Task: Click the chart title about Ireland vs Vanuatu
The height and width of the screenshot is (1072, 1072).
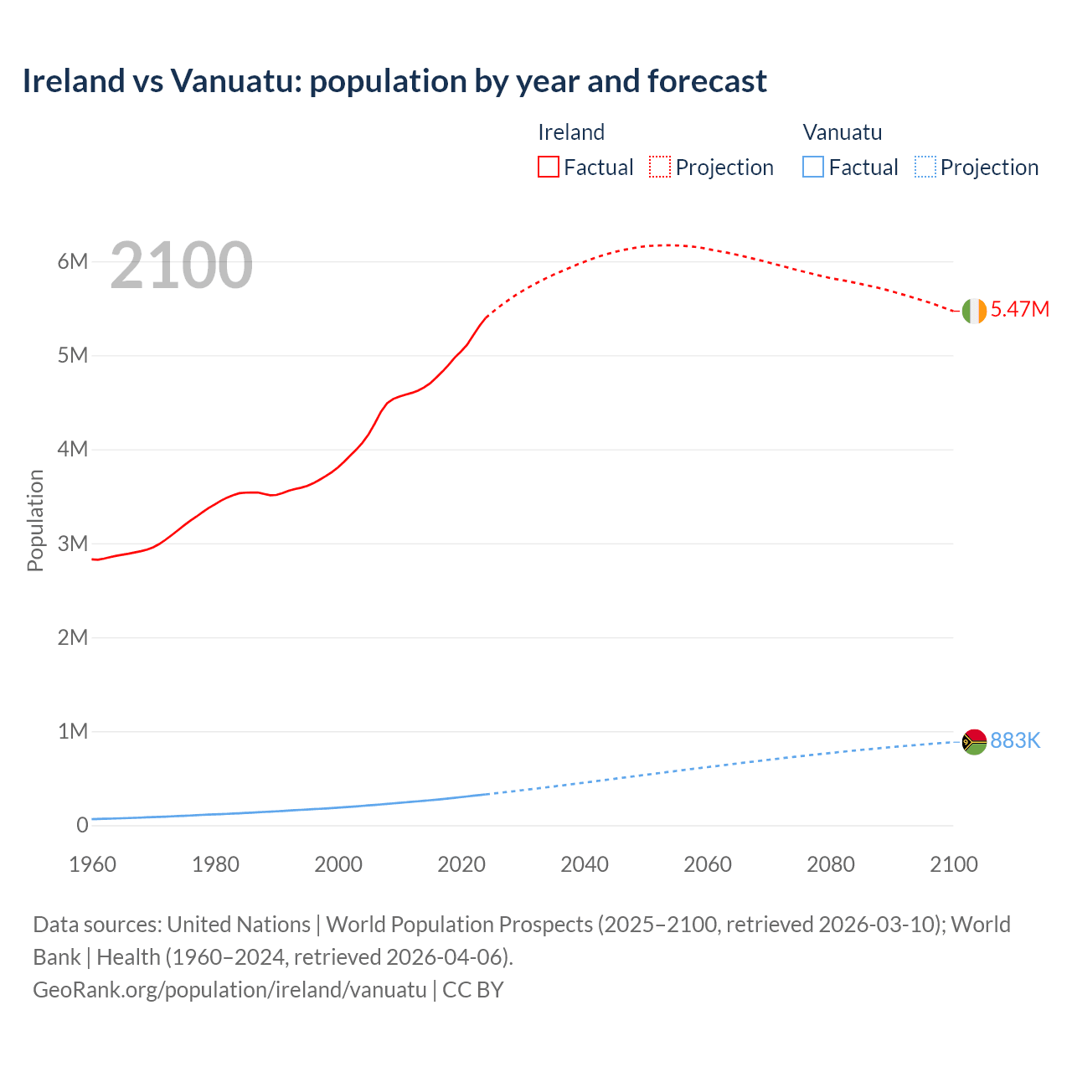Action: point(394,81)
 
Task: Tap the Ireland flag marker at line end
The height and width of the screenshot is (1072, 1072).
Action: point(974,311)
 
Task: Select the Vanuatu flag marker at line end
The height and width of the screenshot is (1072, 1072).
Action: point(974,742)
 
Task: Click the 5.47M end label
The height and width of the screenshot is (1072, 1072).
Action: point(1020,309)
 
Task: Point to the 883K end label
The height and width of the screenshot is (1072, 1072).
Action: point(1015,740)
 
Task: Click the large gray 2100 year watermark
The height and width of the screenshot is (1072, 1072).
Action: point(181,265)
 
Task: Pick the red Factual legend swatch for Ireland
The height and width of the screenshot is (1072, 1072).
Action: point(549,167)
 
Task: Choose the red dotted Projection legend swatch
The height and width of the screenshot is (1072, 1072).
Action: point(660,167)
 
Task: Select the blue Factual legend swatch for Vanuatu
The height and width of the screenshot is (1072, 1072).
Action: point(813,167)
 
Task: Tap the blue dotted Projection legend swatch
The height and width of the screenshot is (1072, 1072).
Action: point(925,167)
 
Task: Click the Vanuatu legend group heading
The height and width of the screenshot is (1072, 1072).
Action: point(843,132)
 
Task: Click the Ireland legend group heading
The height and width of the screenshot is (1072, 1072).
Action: point(571,132)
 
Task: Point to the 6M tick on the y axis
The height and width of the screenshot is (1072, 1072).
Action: point(73,261)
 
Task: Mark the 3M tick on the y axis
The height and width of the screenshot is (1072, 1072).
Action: point(73,544)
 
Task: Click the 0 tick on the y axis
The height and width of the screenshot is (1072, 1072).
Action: point(82,826)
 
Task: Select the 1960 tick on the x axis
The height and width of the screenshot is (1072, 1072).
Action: point(92,864)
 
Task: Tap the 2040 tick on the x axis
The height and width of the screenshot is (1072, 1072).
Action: point(585,864)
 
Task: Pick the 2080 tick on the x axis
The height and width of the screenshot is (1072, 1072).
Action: point(831,864)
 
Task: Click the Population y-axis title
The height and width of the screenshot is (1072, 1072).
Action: point(35,520)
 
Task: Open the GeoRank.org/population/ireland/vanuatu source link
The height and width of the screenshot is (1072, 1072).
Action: point(229,990)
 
